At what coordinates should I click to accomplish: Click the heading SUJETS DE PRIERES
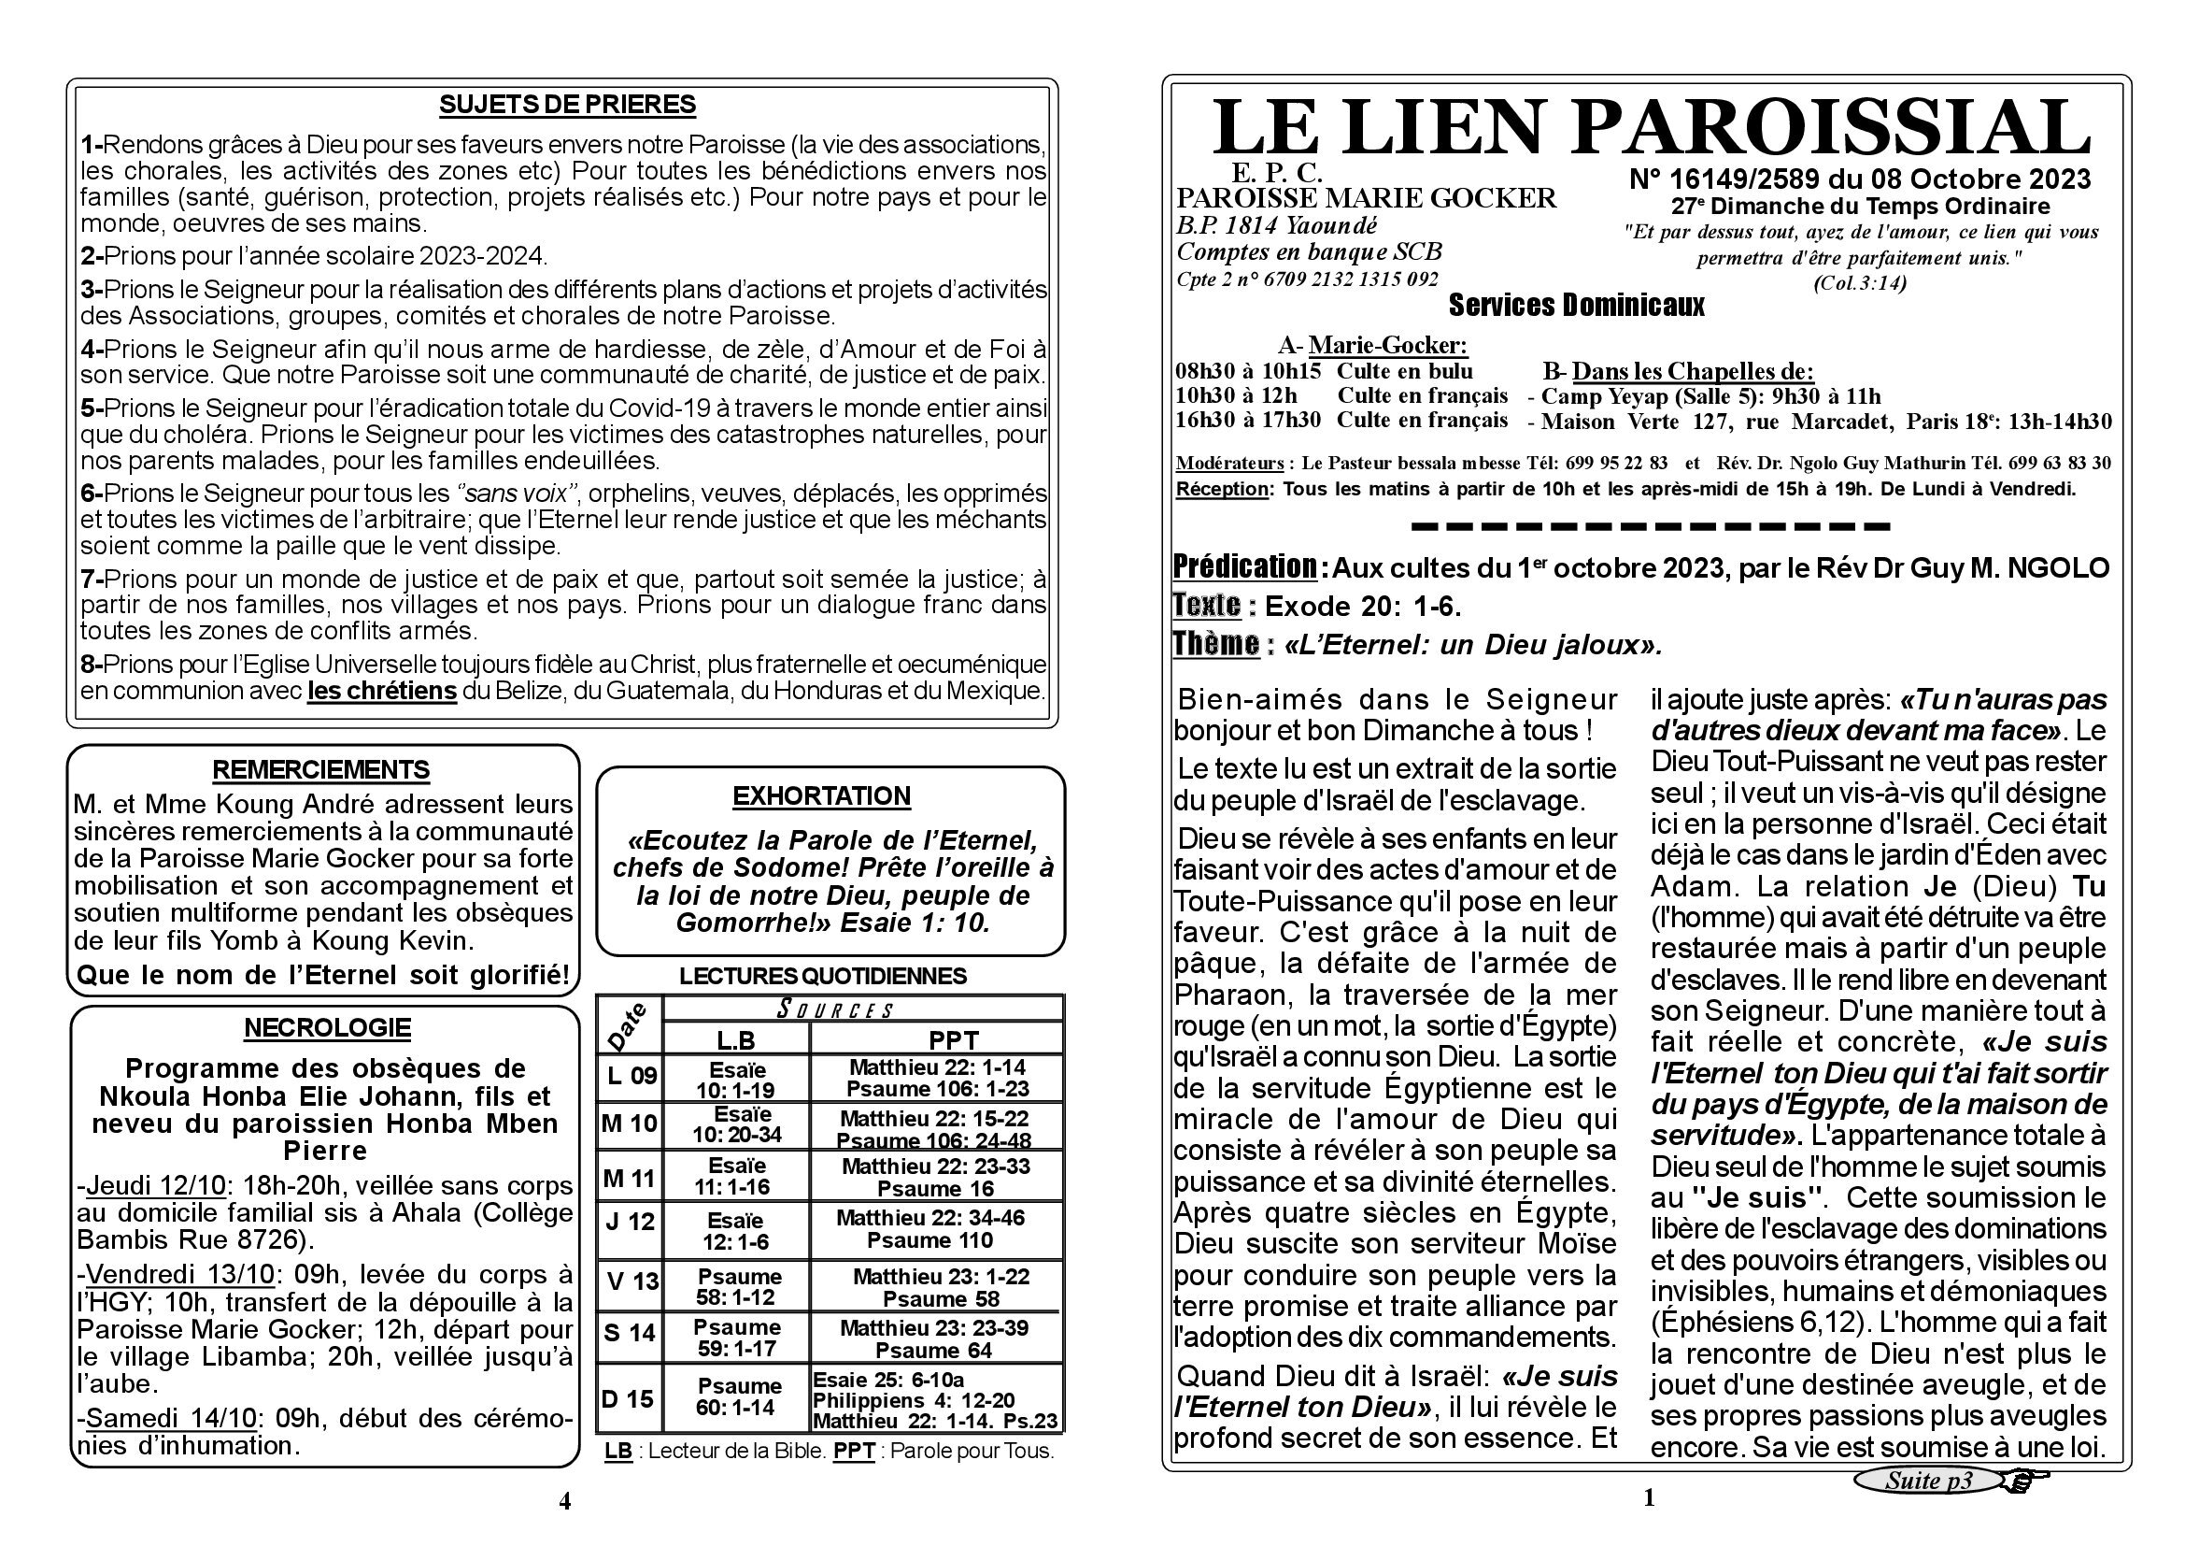coord(567,105)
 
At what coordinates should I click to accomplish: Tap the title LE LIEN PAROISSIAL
coord(1651,128)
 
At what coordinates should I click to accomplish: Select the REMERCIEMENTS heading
coord(320,769)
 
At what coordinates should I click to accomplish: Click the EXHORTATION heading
coord(821,795)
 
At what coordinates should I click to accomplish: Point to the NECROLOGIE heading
coord(327,1028)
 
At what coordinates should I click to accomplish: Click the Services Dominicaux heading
coord(1576,306)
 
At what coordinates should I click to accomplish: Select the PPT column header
coord(953,1039)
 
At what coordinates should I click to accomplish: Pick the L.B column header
coord(735,1039)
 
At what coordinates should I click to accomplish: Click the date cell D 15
coord(628,1398)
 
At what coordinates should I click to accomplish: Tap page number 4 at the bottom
coord(564,1501)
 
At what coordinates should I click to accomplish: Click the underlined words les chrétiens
coord(382,691)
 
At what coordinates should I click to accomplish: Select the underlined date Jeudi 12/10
coord(156,1186)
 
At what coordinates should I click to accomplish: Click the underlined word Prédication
coord(1244,567)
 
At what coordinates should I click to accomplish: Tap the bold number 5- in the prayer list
coord(92,408)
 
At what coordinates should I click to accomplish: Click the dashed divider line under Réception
coord(1650,525)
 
